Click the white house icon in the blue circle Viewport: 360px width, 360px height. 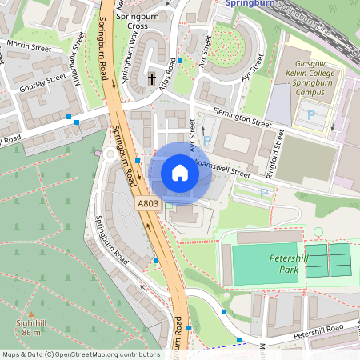coord(180,172)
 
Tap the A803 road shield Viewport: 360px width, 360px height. coord(149,205)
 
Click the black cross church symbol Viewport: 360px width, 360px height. coord(152,78)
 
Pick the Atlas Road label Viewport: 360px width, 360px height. coord(169,74)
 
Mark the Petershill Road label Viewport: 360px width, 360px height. coord(318,331)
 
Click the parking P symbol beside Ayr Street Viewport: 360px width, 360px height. coord(207,141)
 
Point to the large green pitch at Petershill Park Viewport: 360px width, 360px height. coord(265,264)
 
